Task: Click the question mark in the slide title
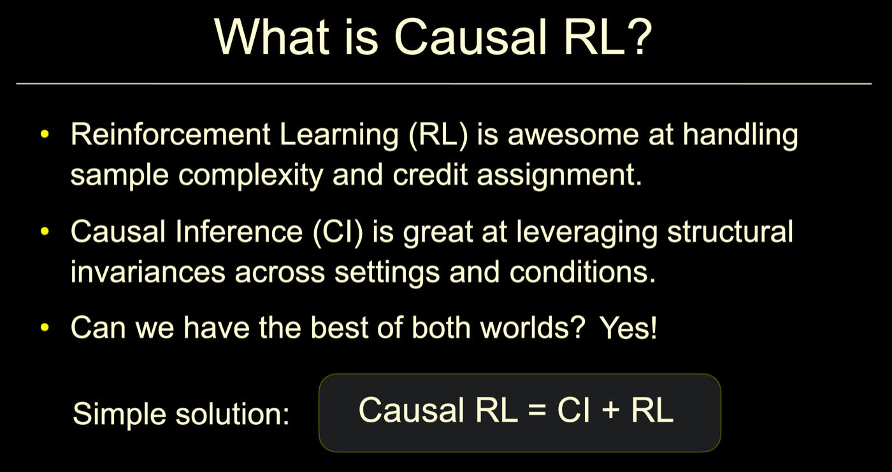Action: (x=638, y=36)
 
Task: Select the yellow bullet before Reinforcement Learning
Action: (x=45, y=134)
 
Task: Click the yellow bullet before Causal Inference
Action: (x=45, y=231)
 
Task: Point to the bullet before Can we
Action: (x=45, y=327)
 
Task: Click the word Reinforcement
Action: (x=171, y=134)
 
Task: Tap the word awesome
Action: (x=573, y=134)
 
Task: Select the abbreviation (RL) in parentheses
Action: (x=438, y=135)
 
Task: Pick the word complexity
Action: (x=251, y=176)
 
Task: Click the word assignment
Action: (x=559, y=176)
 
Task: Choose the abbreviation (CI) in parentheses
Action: (x=338, y=232)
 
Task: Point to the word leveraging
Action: (x=587, y=232)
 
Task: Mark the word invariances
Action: (x=148, y=272)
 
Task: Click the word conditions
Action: (x=582, y=272)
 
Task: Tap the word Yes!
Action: (x=628, y=328)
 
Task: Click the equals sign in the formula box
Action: (x=536, y=410)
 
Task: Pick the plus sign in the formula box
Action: (x=610, y=410)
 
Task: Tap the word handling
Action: (x=740, y=135)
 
